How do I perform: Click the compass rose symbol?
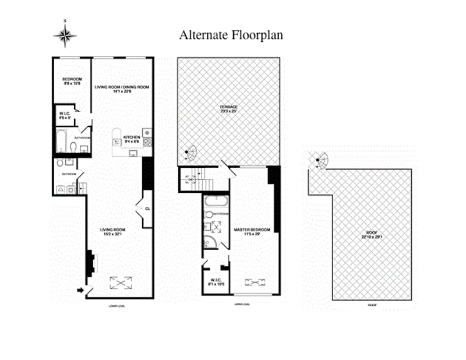(x=65, y=36)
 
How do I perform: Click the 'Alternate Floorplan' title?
(x=231, y=35)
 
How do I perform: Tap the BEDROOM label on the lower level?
(x=72, y=79)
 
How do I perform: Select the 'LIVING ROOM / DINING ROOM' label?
(x=122, y=87)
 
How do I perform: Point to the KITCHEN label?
(x=130, y=137)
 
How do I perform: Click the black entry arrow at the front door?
(x=80, y=289)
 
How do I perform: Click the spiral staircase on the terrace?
(x=190, y=155)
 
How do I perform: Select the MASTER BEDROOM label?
(x=252, y=230)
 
